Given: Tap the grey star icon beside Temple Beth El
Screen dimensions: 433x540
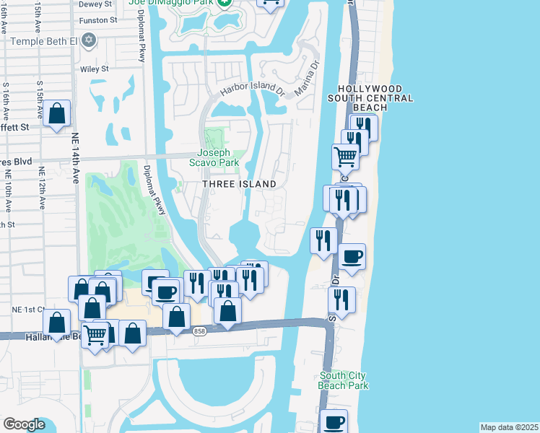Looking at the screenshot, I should (x=90, y=40).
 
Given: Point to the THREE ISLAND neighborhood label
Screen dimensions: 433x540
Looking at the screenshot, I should (x=239, y=185).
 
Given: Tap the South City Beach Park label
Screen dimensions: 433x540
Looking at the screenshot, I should (x=344, y=380).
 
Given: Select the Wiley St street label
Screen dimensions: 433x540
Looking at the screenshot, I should (x=95, y=69).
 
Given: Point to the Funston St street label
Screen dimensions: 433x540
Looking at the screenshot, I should (x=98, y=20).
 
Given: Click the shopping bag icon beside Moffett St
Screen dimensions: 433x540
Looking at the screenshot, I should (x=56, y=114).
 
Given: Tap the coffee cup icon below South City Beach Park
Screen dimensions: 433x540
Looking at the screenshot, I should (x=334, y=421).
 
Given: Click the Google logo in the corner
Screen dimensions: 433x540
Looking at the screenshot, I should (x=24, y=424).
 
